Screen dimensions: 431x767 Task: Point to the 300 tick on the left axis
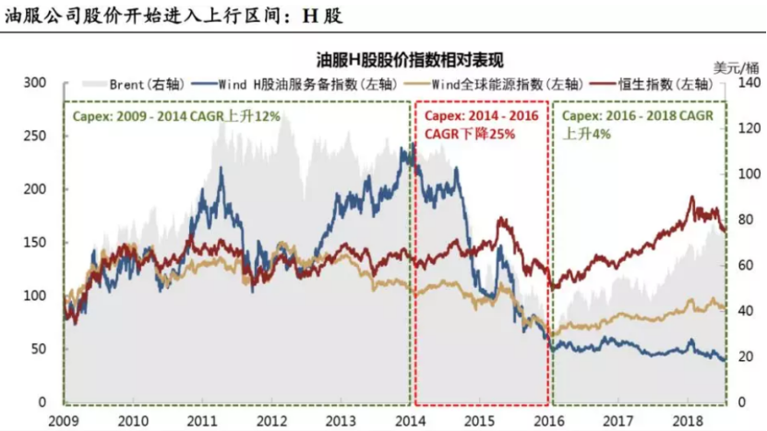[x=34, y=83]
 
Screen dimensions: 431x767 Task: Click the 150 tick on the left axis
[x=34, y=243]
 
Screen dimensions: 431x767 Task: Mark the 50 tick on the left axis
[x=38, y=350]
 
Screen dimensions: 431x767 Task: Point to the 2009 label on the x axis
[x=63, y=420]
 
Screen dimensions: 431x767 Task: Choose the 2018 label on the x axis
[x=689, y=420]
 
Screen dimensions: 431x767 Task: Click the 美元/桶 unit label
[x=736, y=66]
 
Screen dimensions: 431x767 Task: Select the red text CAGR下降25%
[x=470, y=134]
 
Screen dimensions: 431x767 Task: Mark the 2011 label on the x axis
[x=202, y=420]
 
